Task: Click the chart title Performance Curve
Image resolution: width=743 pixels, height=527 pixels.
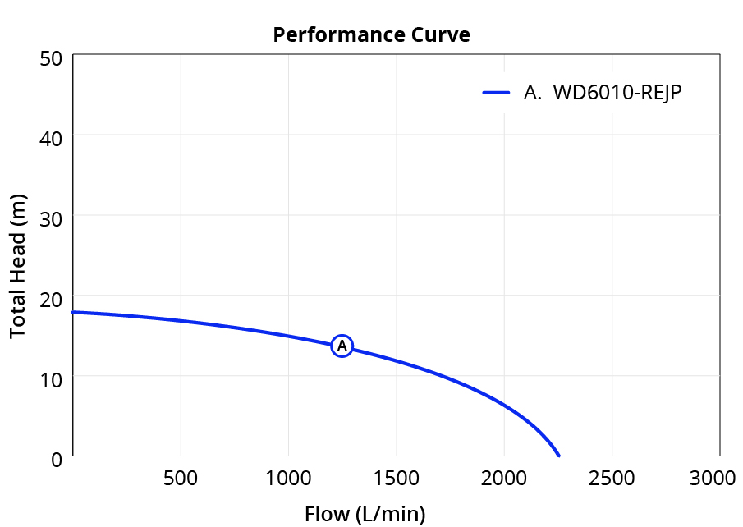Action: point(371,35)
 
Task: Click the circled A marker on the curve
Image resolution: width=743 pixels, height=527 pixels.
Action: point(342,346)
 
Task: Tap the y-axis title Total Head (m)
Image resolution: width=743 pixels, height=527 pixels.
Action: point(17,266)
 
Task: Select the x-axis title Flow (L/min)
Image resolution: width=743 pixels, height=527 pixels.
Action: point(365,514)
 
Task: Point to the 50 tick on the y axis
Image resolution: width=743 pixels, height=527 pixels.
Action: point(51,59)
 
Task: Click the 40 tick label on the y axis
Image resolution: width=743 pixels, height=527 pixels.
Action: point(51,139)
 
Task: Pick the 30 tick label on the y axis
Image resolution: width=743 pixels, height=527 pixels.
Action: point(51,219)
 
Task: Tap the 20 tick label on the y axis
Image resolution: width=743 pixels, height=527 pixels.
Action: point(51,299)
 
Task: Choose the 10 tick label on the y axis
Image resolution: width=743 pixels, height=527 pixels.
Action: point(51,379)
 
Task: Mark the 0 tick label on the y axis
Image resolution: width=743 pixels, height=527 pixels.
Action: point(57,459)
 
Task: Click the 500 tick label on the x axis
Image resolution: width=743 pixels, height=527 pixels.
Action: point(181,479)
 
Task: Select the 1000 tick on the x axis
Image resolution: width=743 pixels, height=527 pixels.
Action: point(288,479)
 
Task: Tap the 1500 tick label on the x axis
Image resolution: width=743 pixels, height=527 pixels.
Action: point(397,479)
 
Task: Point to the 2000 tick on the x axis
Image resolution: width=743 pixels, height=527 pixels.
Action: point(504,479)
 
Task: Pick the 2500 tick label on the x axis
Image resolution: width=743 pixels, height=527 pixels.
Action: point(612,479)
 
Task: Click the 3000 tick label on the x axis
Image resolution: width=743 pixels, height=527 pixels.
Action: point(712,479)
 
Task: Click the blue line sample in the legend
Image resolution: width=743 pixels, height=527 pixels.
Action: point(496,93)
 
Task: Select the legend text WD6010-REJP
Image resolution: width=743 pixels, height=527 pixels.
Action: point(617,93)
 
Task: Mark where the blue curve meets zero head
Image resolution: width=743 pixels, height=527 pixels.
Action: point(559,456)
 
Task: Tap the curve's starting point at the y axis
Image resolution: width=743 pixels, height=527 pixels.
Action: point(73,312)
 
